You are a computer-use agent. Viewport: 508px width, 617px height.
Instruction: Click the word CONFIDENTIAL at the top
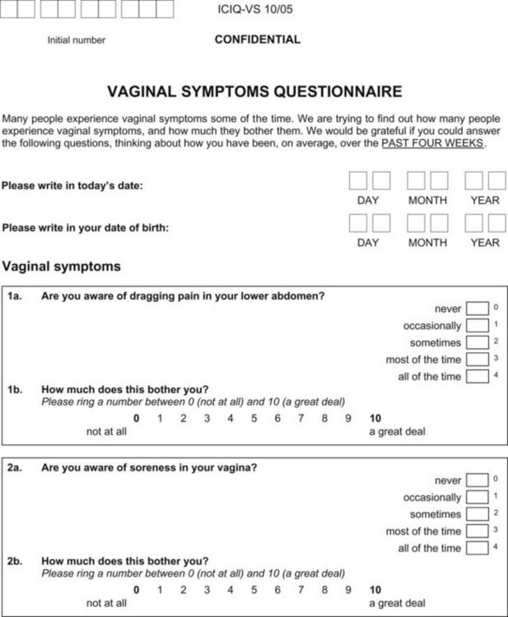point(257,39)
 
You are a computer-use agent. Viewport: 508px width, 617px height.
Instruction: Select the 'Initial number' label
point(77,40)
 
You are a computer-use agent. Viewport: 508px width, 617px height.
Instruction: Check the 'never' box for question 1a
point(477,308)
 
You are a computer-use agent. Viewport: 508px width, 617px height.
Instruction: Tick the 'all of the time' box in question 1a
point(477,377)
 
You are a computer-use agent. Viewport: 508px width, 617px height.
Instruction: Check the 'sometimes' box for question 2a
point(477,514)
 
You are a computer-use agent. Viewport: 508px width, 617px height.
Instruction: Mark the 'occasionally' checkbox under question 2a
point(477,497)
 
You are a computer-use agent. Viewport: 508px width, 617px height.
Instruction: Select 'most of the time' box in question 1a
point(477,360)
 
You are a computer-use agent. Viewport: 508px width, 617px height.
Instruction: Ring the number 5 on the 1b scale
point(254,418)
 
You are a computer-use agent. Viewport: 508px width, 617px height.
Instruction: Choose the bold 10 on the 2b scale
point(375,590)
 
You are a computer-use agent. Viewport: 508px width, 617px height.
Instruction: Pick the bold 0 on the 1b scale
point(137,418)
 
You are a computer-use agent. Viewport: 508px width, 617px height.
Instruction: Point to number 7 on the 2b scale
point(301,590)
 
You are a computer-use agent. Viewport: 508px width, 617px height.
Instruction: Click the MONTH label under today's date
point(427,200)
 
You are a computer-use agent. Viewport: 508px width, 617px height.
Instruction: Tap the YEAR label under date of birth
point(484,243)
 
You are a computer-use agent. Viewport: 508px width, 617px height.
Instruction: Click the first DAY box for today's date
point(358,181)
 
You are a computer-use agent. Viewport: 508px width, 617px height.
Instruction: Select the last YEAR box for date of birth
point(496,223)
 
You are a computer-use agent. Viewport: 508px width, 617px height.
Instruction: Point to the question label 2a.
point(15,467)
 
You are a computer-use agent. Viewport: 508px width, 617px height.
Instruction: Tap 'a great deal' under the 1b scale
point(397,431)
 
